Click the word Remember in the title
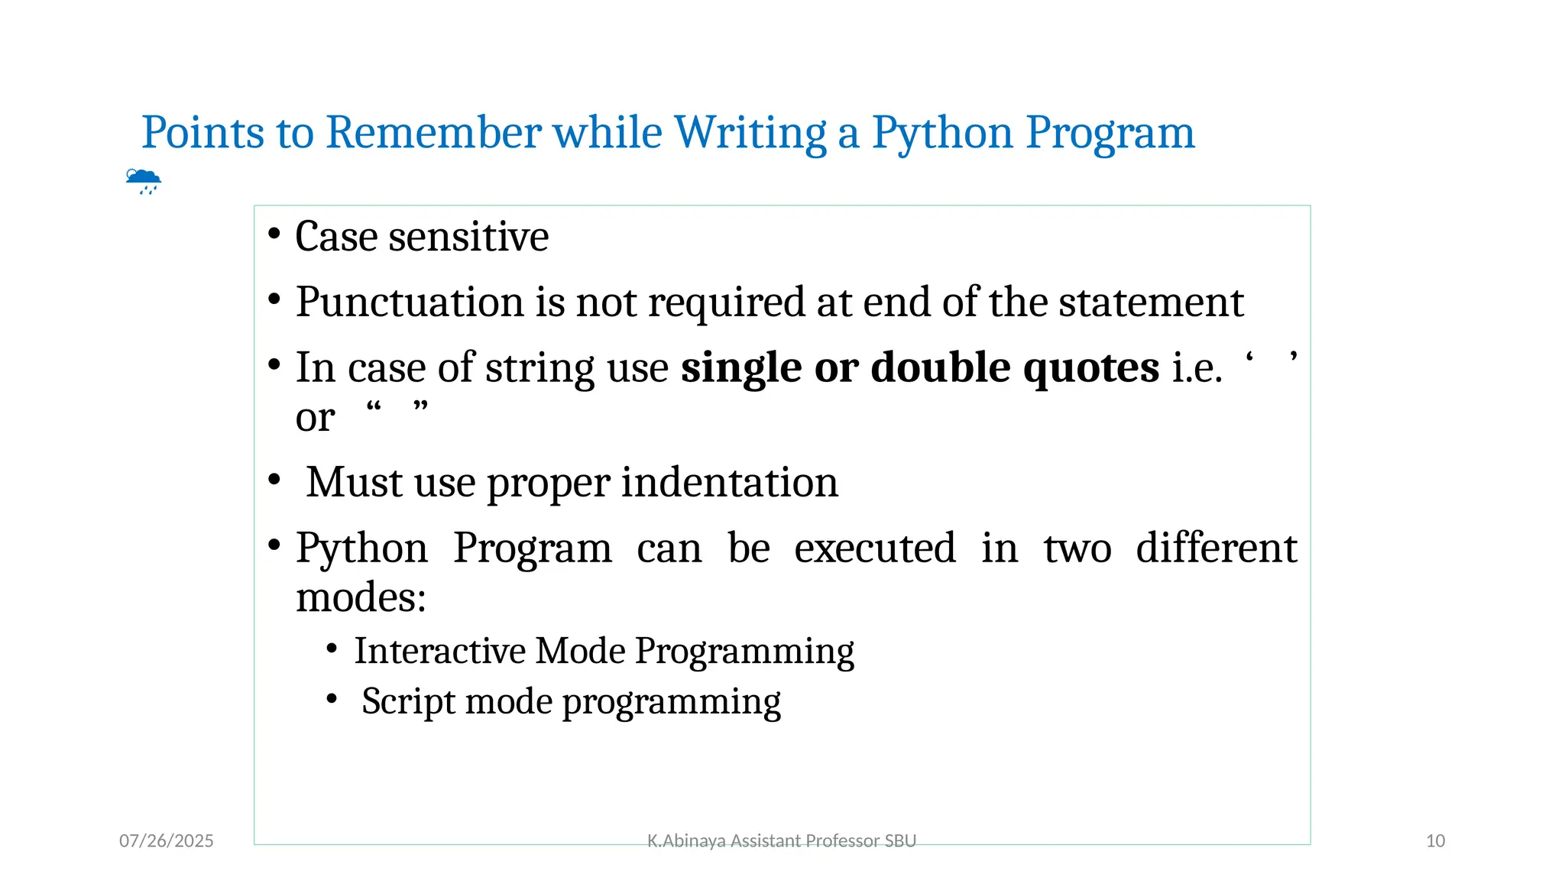click(433, 133)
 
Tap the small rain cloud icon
click(143, 181)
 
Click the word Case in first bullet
click(336, 237)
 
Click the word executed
click(875, 548)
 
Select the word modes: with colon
click(360, 597)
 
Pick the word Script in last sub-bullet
click(403, 702)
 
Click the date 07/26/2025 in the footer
click(167, 841)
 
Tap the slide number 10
click(1435, 841)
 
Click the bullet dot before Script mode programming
click(332, 699)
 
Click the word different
click(1216, 548)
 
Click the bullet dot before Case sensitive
click(274, 234)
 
